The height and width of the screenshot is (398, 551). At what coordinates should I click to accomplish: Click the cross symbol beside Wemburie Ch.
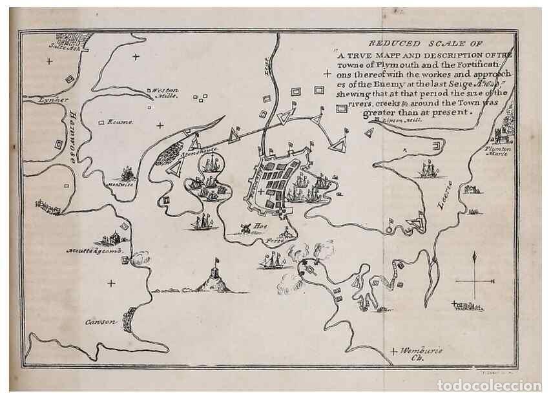394,351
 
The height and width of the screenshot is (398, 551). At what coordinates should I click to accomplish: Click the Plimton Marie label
497,151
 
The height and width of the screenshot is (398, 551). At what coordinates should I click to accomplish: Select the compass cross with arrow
475,279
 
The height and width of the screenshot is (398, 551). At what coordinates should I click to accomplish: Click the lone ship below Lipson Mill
426,170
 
